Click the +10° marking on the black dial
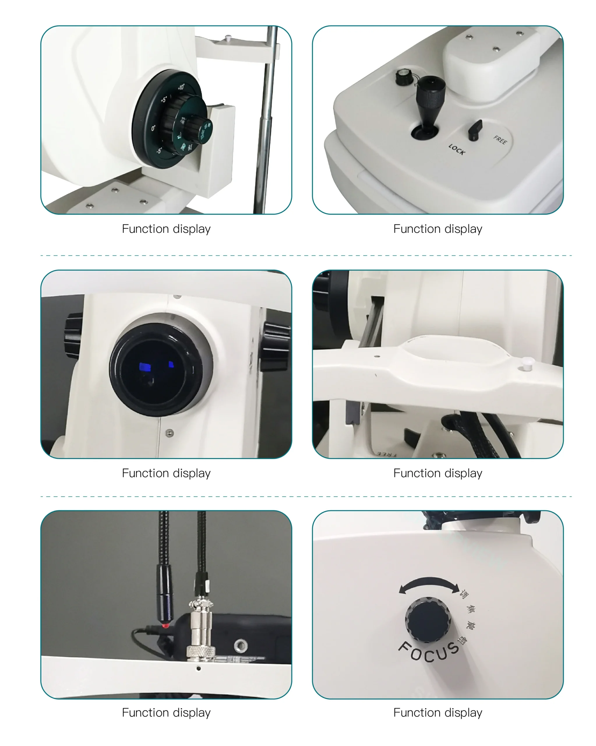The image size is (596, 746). pos(181,87)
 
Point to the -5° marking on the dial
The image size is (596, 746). pos(159,151)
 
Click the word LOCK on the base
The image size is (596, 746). pos(456,149)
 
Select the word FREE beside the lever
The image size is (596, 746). pos(500,140)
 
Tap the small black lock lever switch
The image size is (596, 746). pos(475,129)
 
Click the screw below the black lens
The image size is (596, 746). pos(170,433)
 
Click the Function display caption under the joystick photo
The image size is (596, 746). pos(438,229)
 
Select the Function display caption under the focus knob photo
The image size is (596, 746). pos(438,712)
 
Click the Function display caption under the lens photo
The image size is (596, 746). pos(166,473)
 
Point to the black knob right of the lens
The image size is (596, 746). pos(275,346)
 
